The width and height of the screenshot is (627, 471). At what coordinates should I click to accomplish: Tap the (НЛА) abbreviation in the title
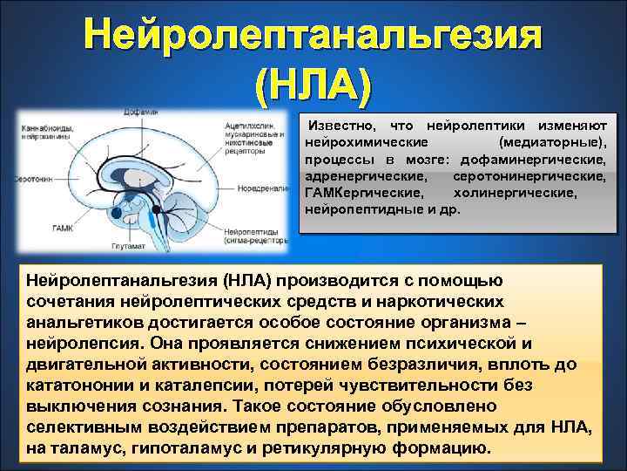(x=313, y=85)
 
